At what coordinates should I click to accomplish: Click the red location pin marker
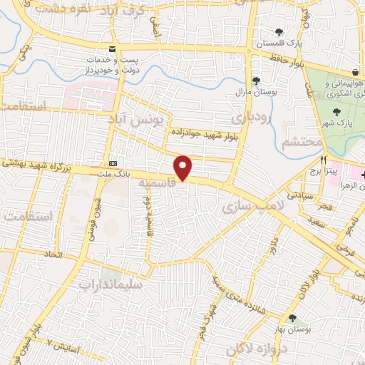pyautogui.click(x=183, y=167)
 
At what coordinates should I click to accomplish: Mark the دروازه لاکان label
pyautogui.click(x=255, y=350)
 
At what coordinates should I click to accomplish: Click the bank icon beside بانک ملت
pyautogui.click(x=110, y=162)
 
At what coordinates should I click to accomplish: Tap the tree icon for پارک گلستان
pyautogui.click(x=279, y=32)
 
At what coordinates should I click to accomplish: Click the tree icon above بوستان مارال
pyautogui.click(x=255, y=80)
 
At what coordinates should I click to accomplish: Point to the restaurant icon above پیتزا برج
pyautogui.click(x=323, y=160)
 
